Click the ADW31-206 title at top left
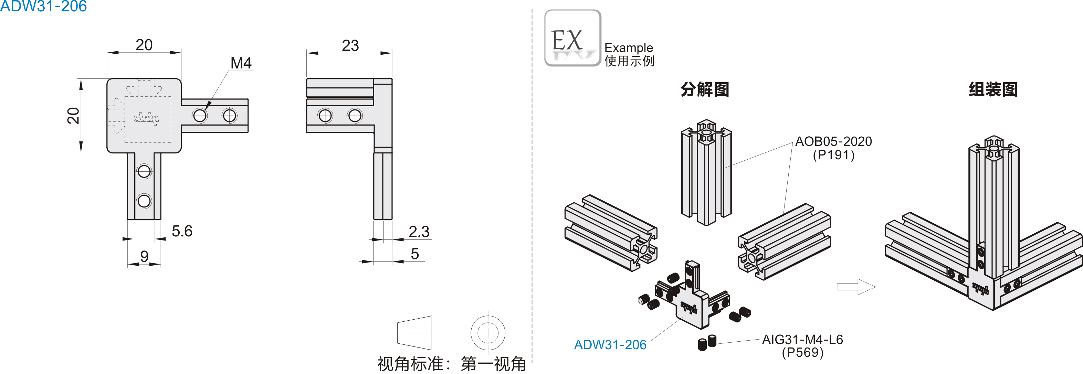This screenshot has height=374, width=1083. [x=43, y=6]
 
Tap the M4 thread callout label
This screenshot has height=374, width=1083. [x=241, y=63]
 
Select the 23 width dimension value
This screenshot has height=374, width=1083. [x=350, y=45]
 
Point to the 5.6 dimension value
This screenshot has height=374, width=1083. [x=182, y=231]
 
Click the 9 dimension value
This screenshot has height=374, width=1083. [x=144, y=256]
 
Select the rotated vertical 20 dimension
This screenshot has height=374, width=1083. [x=73, y=116]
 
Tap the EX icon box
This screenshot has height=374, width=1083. [x=572, y=38]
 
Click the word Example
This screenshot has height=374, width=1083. [x=629, y=47]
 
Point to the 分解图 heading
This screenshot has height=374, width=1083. [x=705, y=89]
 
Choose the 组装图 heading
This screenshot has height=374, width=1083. [x=993, y=89]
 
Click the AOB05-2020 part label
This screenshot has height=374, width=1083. [x=833, y=142]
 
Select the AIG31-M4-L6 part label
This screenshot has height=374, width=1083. [x=802, y=340]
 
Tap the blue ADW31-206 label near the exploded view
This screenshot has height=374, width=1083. [x=610, y=345]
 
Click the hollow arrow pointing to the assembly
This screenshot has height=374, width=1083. [x=855, y=287]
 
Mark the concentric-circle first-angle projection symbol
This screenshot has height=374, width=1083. [x=488, y=333]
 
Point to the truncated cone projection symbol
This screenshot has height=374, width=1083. [x=414, y=333]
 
